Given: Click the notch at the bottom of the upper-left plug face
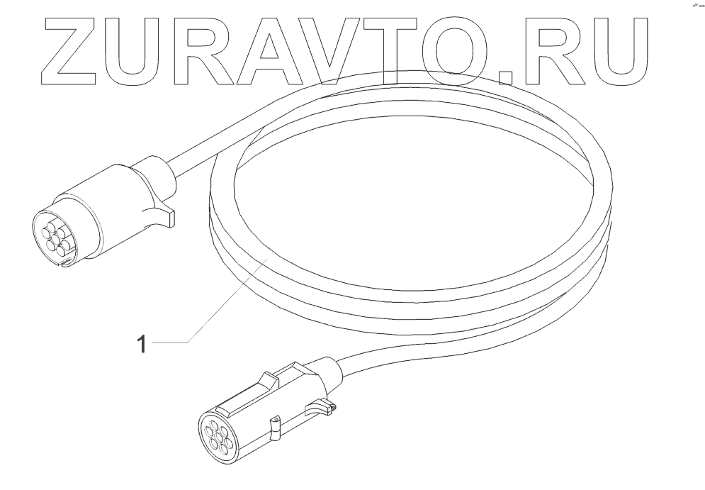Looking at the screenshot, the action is coord(65,265).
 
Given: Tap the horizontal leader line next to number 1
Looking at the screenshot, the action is coord(171,343).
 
